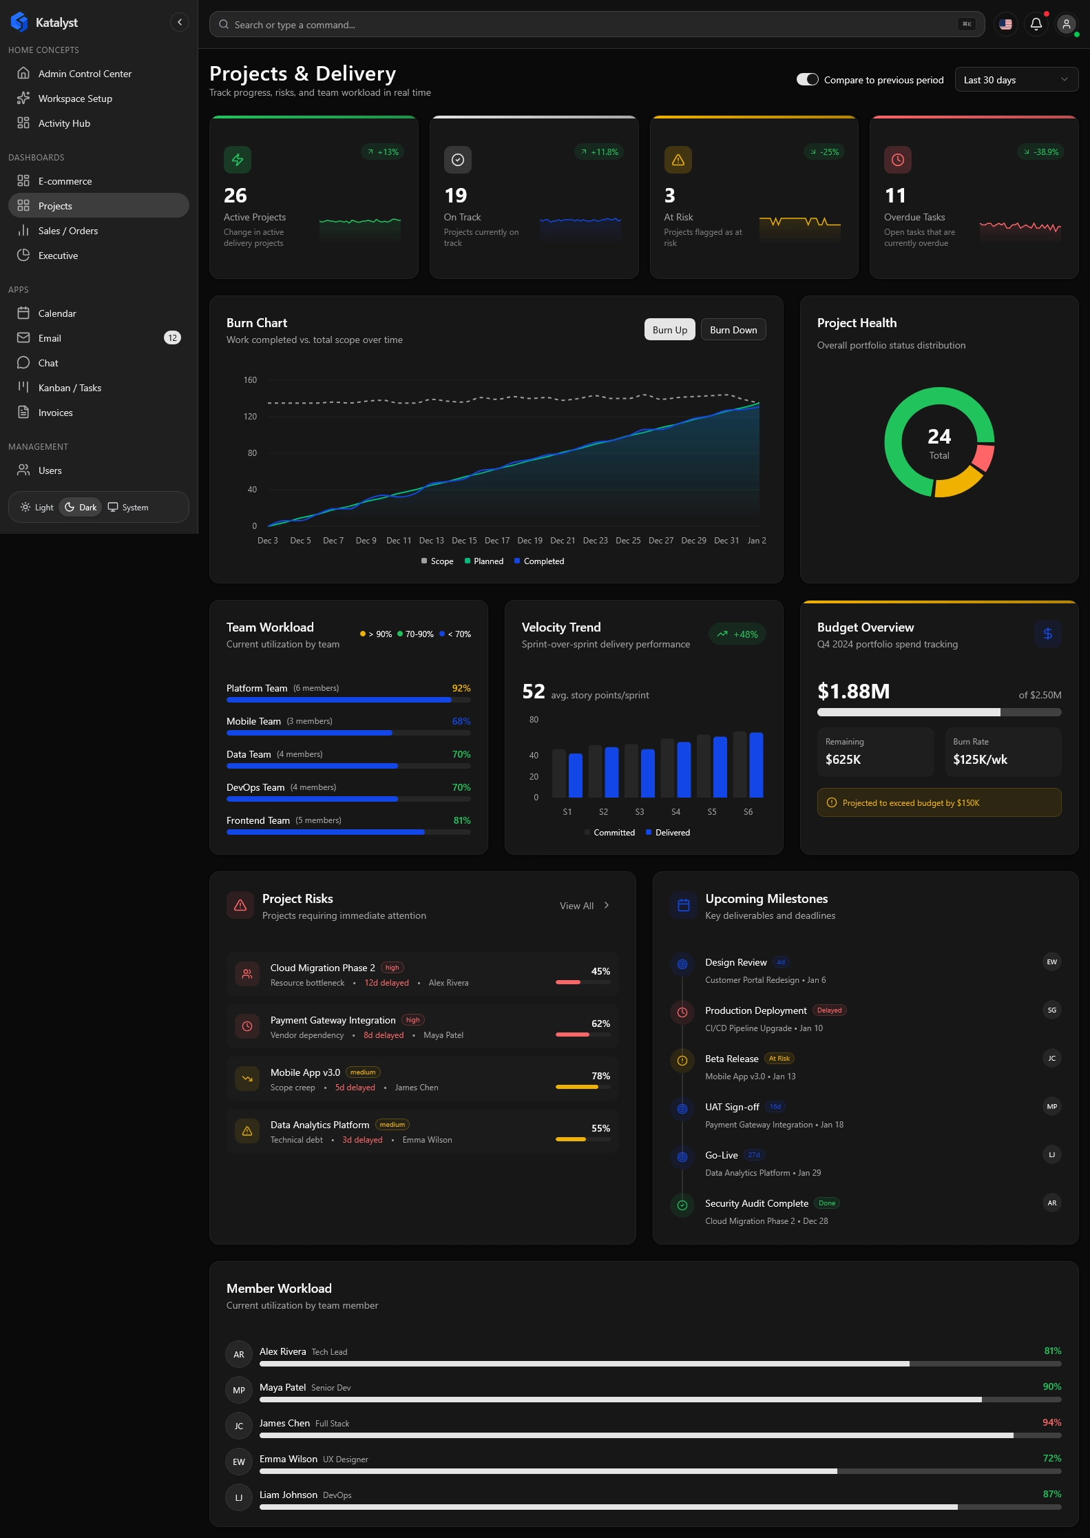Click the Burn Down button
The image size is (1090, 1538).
coord(733,330)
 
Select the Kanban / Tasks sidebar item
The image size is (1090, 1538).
coord(70,388)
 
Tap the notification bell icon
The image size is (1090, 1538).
coord(1036,25)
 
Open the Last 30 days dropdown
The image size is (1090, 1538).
coord(1016,80)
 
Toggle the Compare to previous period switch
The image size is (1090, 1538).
coord(807,80)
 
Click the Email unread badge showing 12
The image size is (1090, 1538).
coord(172,338)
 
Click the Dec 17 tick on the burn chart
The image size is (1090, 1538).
coord(497,541)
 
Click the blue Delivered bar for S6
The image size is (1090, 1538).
coord(756,765)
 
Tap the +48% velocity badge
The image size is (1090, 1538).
coord(737,634)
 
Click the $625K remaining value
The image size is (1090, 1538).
coord(843,760)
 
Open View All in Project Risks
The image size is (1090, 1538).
coord(584,906)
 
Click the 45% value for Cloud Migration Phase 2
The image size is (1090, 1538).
coord(600,971)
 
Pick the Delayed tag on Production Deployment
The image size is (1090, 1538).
coord(829,1010)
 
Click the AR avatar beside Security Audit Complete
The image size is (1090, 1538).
coord(1051,1203)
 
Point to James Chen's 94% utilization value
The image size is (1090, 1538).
coord(1051,1422)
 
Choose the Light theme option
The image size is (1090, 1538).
coord(37,508)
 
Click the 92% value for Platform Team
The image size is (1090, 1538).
coord(461,688)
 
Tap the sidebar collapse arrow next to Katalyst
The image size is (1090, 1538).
coord(179,23)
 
